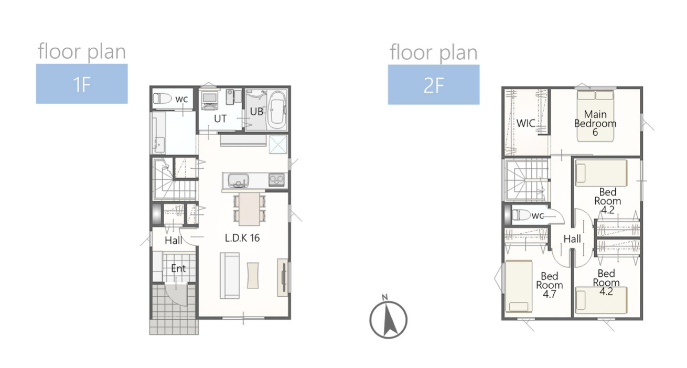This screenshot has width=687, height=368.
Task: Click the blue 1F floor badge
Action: pyautogui.click(x=82, y=84)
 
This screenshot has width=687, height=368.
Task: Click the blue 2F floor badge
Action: pyautogui.click(x=434, y=84)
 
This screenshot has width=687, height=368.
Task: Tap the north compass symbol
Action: pyautogui.click(x=388, y=317)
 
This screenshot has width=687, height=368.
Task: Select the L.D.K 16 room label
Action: pyautogui.click(x=242, y=237)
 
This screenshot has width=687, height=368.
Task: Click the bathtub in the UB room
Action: pyautogui.click(x=277, y=111)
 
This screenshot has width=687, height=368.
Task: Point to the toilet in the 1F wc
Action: pyautogui.click(x=162, y=99)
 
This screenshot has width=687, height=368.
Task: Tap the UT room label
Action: pyautogui.click(x=220, y=118)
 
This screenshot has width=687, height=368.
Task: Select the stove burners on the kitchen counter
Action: pyautogui.click(x=277, y=180)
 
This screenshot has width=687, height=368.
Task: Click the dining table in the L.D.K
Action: pyautogui.click(x=250, y=209)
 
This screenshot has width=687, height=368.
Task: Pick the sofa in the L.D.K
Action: pyautogui.click(x=230, y=275)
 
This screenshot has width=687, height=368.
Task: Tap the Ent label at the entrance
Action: pyautogui.click(x=178, y=268)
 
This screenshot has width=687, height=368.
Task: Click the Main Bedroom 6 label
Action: pyautogui.click(x=595, y=123)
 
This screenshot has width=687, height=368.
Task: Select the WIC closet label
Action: pyautogui.click(x=525, y=123)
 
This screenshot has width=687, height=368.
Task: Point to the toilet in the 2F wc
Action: pyautogui.click(x=521, y=215)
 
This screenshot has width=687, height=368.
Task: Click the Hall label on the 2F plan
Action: pyautogui.click(x=572, y=239)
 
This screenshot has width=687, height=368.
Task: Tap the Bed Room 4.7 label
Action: pyautogui.click(x=549, y=285)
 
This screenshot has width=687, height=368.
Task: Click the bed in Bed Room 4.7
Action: pyautogui.click(x=519, y=286)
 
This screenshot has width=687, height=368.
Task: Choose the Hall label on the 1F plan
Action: pyautogui.click(x=173, y=240)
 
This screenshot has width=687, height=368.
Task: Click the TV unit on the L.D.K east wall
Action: pyautogui.click(x=283, y=277)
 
